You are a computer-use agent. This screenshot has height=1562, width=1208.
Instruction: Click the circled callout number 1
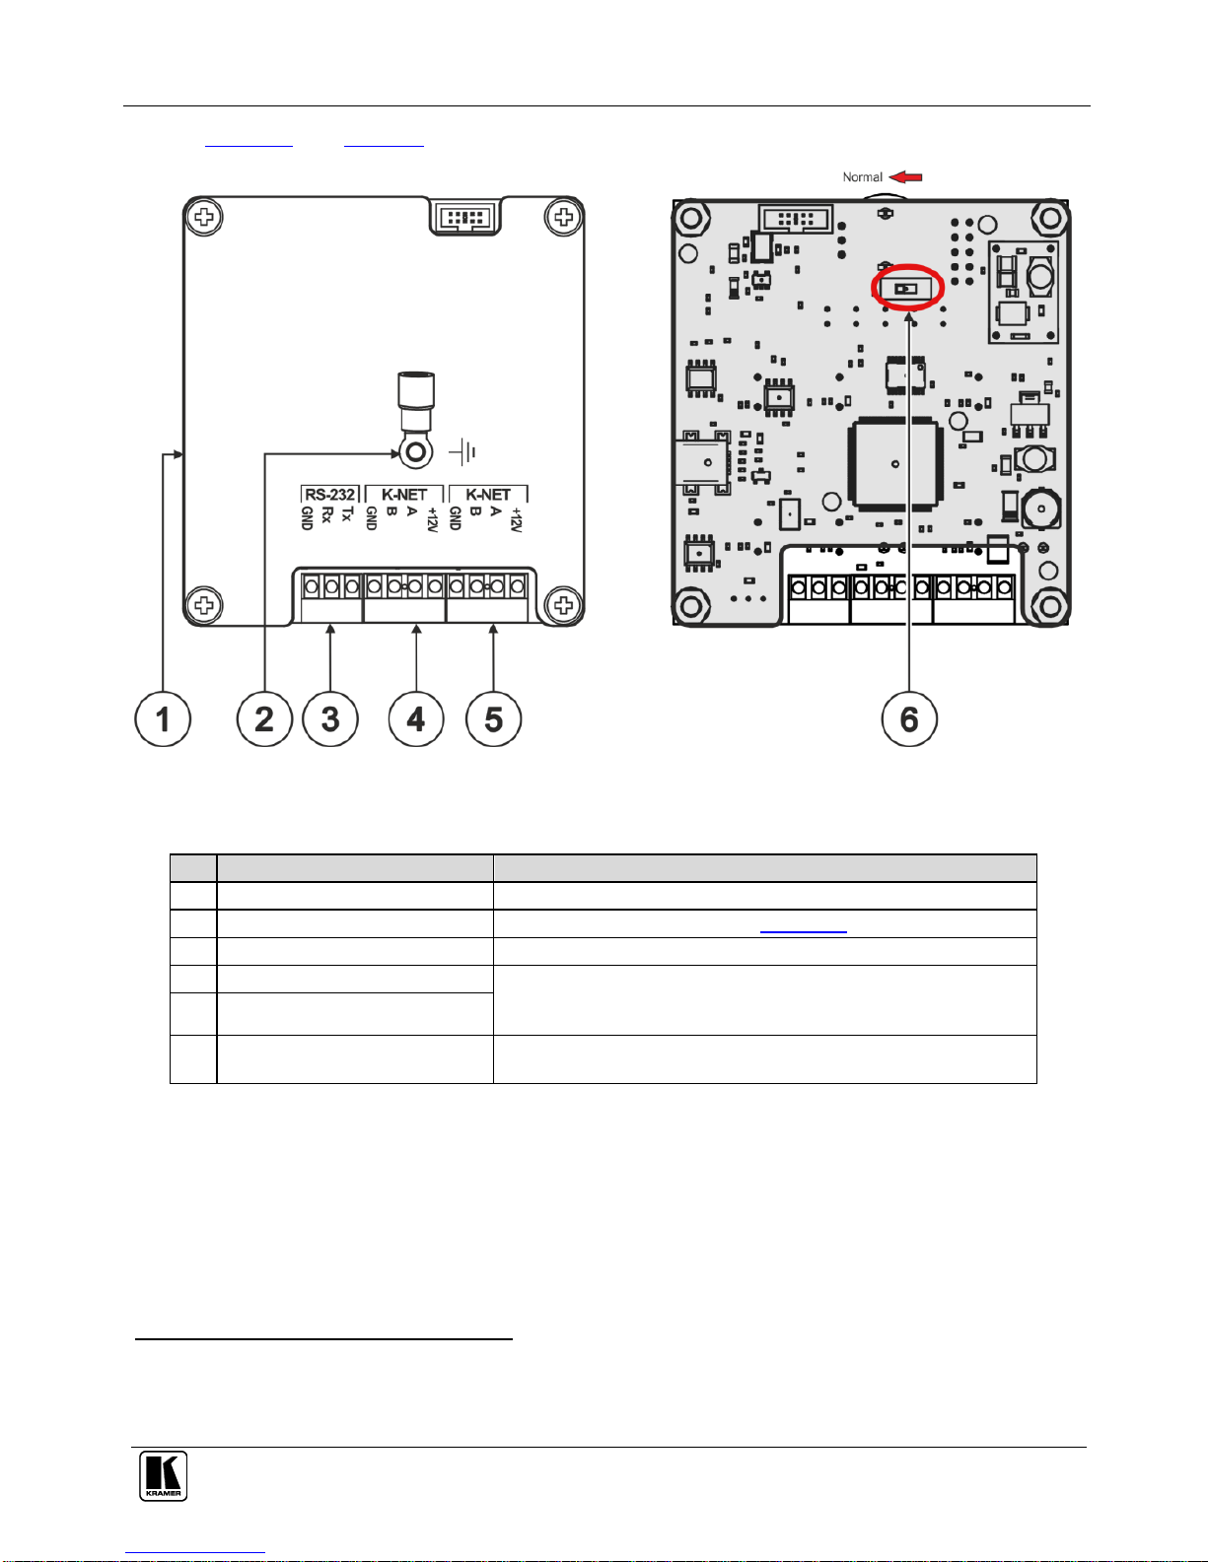[163, 718]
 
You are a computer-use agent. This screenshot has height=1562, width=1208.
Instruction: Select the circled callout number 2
[264, 718]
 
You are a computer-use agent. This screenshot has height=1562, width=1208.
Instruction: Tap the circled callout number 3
[330, 718]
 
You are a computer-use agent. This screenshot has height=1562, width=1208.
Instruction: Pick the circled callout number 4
[416, 718]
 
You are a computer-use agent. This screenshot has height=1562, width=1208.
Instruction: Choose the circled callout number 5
[493, 718]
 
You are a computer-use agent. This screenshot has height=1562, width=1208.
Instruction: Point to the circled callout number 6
[909, 718]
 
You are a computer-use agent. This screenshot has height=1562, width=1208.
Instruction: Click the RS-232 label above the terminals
[330, 495]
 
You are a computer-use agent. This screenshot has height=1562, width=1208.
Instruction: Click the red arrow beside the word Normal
[905, 176]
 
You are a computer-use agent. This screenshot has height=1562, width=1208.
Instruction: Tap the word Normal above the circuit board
[862, 176]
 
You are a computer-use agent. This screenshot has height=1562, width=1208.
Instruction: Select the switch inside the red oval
[906, 289]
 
